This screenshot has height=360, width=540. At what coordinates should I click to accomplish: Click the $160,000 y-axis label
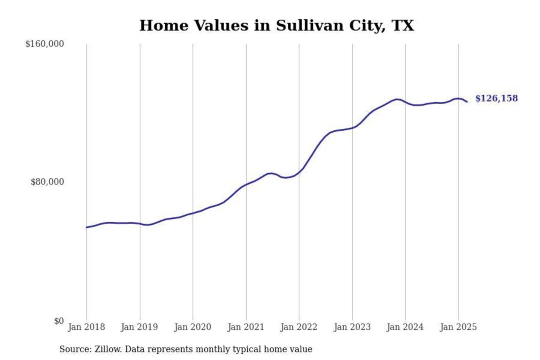click(x=44, y=44)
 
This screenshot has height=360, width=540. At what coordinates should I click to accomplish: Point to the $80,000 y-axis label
click(x=47, y=182)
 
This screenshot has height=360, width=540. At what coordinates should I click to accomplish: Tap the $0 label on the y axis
click(x=58, y=321)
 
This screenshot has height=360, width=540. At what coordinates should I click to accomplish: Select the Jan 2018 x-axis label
click(x=86, y=327)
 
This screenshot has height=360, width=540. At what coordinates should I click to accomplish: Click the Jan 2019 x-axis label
click(x=139, y=327)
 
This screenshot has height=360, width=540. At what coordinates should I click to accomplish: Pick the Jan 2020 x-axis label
click(x=193, y=327)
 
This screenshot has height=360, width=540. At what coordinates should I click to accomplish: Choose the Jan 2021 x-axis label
click(x=246, y=327)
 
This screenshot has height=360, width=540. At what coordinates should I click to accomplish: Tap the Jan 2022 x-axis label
click(x=299, y=327)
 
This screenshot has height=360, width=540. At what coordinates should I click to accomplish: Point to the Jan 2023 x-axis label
click(x=352, y=327)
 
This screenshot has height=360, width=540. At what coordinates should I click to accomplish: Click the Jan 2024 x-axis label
click(x=405, y=327)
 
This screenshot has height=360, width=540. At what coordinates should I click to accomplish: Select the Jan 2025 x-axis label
click(x=458, y=327)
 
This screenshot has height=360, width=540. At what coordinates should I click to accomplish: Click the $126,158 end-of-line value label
click(x=496, y=98)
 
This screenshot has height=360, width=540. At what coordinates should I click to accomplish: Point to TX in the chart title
click(x=403, y=25)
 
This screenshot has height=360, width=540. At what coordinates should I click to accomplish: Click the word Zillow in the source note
click(x=108, y=349)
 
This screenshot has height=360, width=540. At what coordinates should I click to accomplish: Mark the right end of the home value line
click(x=467, y=102)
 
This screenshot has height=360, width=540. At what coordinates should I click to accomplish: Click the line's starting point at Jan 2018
click(x=87, y=227)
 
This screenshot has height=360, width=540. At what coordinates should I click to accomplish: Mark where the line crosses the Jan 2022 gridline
click(x=299, y=172)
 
